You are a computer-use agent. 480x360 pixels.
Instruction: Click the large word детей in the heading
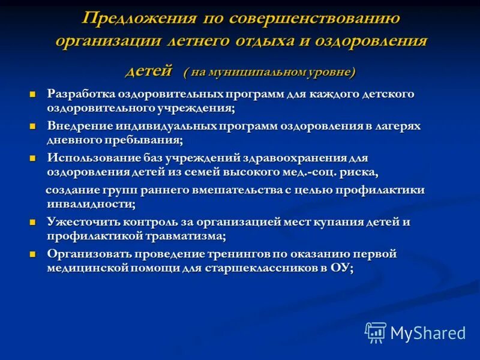click(x=149, y=70)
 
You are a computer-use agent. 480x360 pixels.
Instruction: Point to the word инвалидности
click(x=90, y=204)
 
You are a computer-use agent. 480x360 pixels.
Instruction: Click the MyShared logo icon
click(x=376, y=332)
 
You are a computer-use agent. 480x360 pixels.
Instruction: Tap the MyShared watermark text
click(x=428, y=332)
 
